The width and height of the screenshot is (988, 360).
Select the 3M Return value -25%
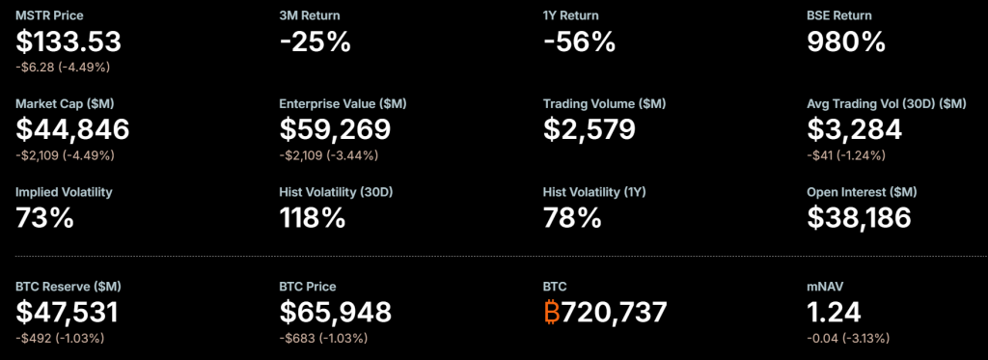(315, 42)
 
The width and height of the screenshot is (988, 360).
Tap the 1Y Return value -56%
(580, 42)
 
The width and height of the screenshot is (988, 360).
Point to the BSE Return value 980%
(846, 42)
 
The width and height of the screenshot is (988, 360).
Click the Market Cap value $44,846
(72, 129)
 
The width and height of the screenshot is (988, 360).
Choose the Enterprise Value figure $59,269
(335, 129)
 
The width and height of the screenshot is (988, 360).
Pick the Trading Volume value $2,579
(590, 129)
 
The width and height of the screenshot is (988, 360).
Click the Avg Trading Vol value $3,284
(854, 129)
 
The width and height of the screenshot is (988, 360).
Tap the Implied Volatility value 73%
(44, 217)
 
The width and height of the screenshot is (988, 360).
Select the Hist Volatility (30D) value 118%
(313, 217)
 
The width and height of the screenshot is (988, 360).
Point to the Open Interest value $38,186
(859, 217)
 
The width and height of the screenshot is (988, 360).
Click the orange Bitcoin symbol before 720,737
(552, 312)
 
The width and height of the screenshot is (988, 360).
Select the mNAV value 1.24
(834, 312)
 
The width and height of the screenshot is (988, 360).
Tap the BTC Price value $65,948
(335, 312)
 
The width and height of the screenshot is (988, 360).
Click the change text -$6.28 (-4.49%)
(63, 67)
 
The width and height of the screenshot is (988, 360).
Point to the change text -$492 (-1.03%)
(60, 338)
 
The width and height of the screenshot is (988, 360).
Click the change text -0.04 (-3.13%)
(848, 338)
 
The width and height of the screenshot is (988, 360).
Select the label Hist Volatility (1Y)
(593, 192)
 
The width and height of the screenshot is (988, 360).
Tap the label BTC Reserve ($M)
(69, 287)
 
